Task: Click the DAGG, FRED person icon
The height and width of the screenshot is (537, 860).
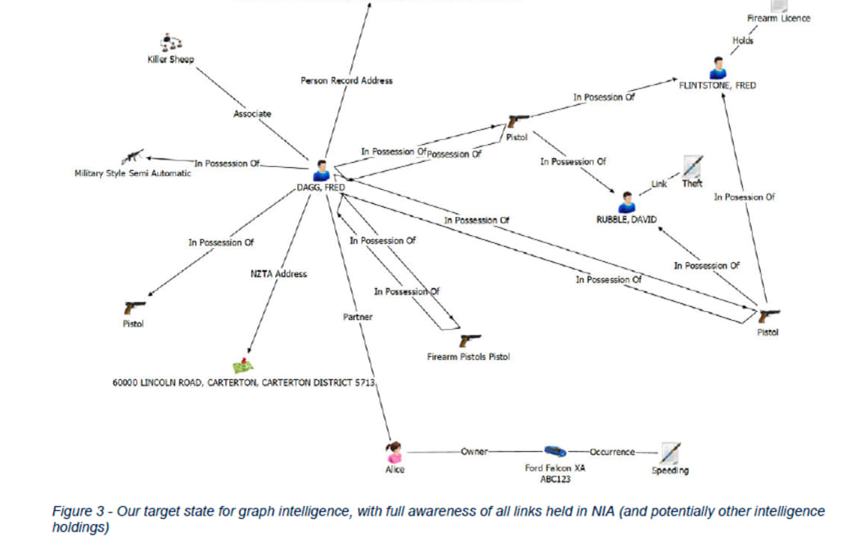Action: [x=321, y=170]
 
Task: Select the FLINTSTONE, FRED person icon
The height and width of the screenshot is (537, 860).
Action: [x=717, y=68]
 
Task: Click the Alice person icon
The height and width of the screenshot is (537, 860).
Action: [x=395, y=452]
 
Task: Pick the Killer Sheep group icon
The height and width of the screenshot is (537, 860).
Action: [x=170, y=43]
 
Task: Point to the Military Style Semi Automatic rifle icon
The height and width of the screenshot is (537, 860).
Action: [x=133, y=157]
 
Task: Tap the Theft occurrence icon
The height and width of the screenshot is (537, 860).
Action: [x=692, y=166]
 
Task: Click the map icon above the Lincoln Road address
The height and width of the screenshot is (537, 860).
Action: [x=242, y=366]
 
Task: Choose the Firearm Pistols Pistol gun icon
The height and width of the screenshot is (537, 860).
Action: [x=470, y=341]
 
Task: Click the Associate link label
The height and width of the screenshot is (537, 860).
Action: [x=251, y=114]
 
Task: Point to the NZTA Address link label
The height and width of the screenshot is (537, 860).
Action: [x=278, y=273]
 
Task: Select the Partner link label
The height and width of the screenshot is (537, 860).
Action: [x=358, y=317]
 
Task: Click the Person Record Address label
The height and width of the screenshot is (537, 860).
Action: [x=346, y=80]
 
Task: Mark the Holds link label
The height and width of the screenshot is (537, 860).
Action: [x=743, y=40]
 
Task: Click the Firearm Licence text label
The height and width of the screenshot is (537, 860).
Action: [x=778, y=18]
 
